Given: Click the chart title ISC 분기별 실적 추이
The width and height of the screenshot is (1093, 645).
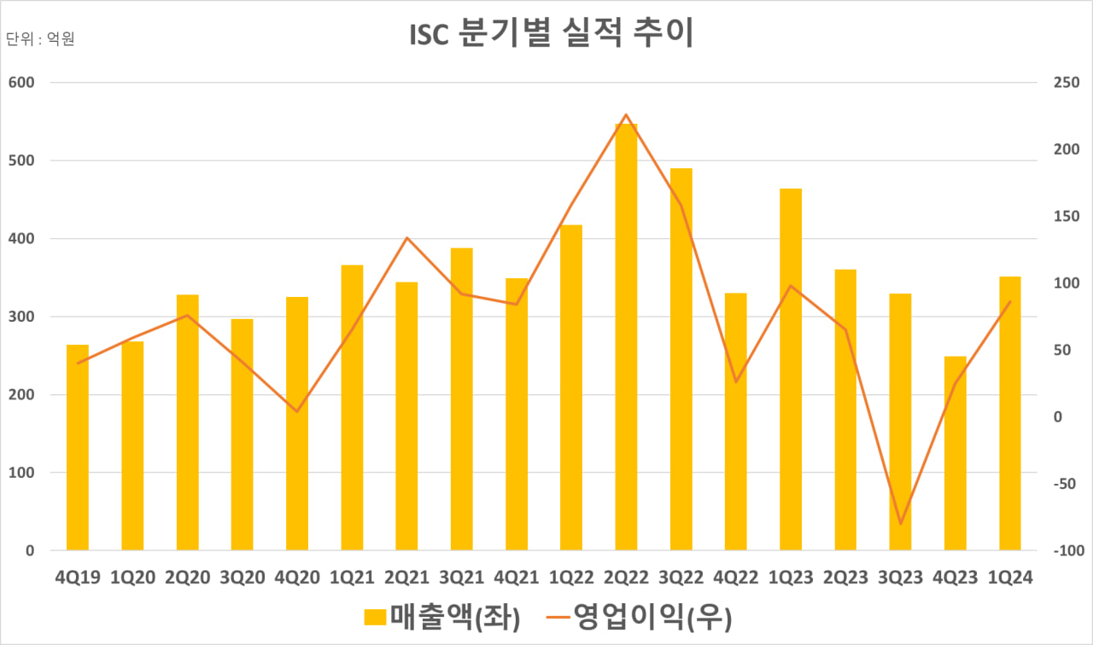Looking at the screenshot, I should point(546,33).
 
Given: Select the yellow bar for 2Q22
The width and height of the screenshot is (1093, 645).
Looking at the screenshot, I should point(626,337).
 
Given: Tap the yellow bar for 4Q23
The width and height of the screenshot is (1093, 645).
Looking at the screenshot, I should point(955,453).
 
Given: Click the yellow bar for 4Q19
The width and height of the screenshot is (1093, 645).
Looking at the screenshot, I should point(78,447).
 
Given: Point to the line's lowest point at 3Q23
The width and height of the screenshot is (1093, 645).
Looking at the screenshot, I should point(900,523).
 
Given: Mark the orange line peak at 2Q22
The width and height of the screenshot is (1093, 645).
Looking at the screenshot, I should point(626,114).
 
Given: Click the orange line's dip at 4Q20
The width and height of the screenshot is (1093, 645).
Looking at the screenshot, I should point(297,411).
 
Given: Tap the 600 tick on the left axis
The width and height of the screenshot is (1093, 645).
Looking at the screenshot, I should point(21,83).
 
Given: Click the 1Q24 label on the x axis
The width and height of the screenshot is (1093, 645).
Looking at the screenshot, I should point(1009,578).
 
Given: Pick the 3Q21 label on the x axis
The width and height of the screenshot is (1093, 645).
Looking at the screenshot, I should point(461,578).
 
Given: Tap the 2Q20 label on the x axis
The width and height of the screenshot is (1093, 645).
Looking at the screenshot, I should point(187,578).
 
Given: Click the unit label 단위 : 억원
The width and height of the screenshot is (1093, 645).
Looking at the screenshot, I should point(41,39).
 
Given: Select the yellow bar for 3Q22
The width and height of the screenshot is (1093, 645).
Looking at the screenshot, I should point(681,359).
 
